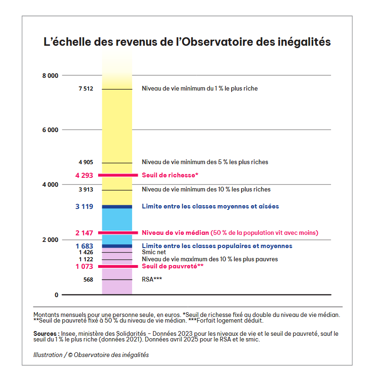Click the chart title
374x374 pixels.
pyautogui.click(x=187, y=42)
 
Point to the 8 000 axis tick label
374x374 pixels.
pyautogui.click(x=50, y=75)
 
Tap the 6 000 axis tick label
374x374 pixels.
pyautogui.click(x=50, y=130)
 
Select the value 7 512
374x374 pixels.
pyautogui.click(x=85, y=89)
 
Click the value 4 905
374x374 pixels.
pyautogui.click(x=85, y=162)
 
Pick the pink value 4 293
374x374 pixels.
pyautogui.click(x=84, y=175)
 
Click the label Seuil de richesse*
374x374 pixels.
pyautogui.click(x=170, y=175)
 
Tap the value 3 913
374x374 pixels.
pyautogui.click(x=85, y=190)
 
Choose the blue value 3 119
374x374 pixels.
pyautogui.click(x=84, y=207)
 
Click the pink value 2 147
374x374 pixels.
pyautogui.click(x=84, y=233)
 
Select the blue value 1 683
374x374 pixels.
pyautogui.click(x=84, y=246)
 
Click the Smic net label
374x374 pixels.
pyautogui.click(x=153, y=252)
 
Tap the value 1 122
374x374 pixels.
pyautogui.click(x=85, y=259)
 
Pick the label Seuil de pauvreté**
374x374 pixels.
pyautogui.click(x=173, y=266)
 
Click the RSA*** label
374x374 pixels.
pyautogui.click(x=152, y=280)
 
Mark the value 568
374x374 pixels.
pyautogui.click(x=88, y=280)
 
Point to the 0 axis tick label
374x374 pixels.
pyautogui.click(x=56, y=295)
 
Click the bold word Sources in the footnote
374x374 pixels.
pyautogui.click(x=44, y=333)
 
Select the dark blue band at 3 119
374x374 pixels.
pyautogui.click(x=117, y=207)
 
